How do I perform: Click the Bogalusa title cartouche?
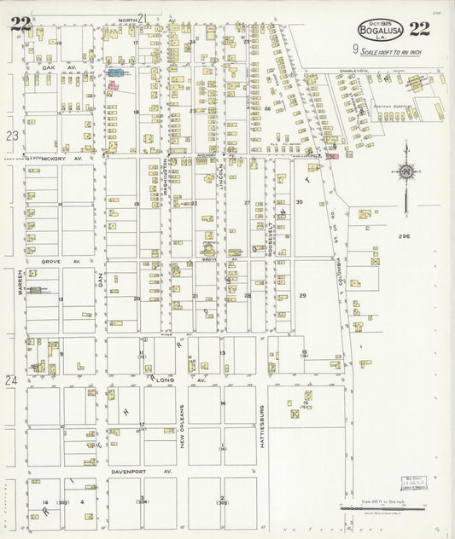click(x=377, y=30)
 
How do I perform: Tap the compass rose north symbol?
click(x=406, y=172)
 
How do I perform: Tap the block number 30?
click(x=299, y=202)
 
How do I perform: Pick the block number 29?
click(x=301, y=295)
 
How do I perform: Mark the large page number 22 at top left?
click(x=20, y=24)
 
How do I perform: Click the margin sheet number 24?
click(x=12, y=380)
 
